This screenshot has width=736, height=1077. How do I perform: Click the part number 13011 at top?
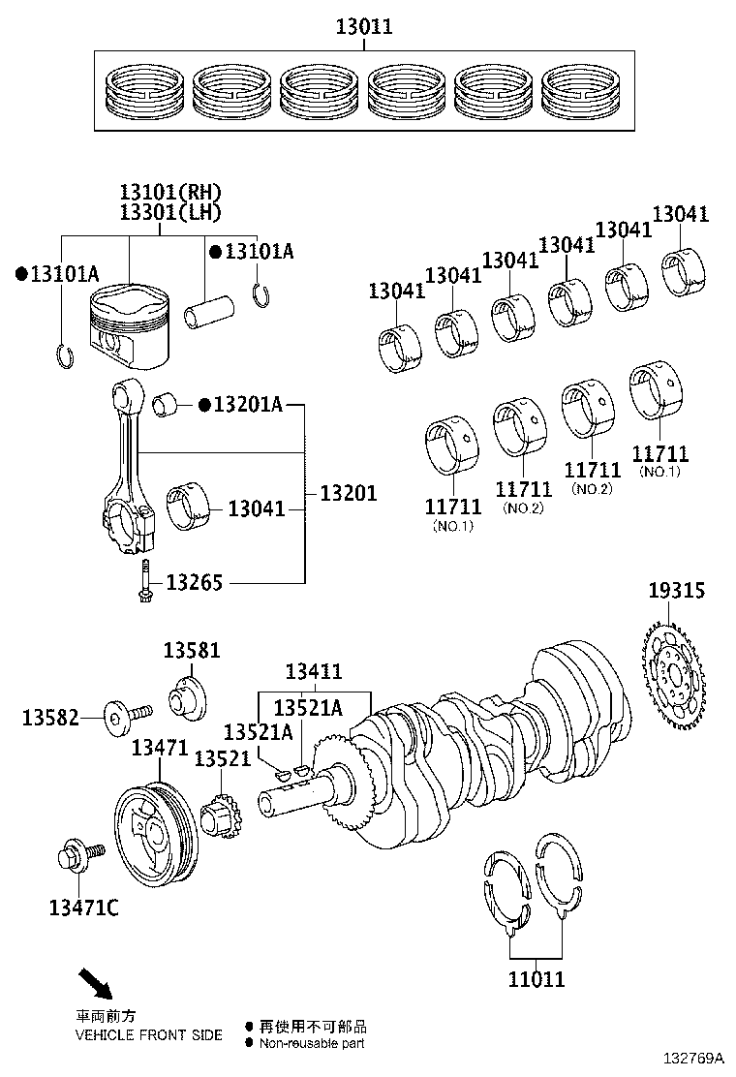[x=364, y=27]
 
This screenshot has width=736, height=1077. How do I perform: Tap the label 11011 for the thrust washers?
[x=536, y=979]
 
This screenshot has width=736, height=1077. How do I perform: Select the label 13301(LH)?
[x=170, y=211]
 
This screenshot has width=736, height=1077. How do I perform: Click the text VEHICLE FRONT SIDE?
[x=148, y=1034]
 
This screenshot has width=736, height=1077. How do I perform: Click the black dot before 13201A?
[x=204, y=404]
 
